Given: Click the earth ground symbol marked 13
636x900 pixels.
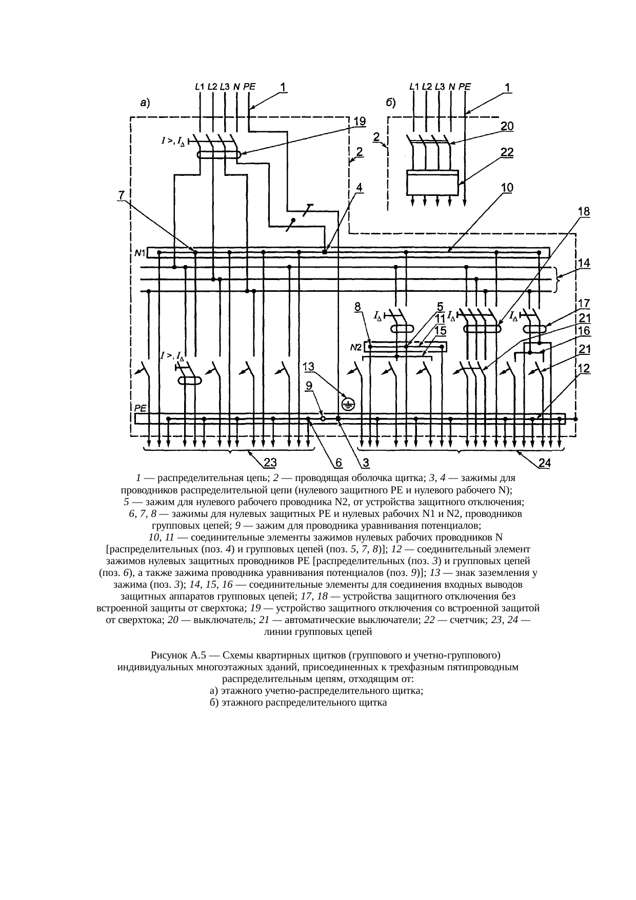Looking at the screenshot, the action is point(348,405).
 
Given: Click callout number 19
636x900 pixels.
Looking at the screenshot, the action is point(359,122).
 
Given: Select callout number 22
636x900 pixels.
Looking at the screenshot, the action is point(507,153).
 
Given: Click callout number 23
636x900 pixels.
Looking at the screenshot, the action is point(269,464).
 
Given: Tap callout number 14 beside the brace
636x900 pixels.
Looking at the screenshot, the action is point(584,264).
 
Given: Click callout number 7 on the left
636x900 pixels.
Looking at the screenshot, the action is point(121,195).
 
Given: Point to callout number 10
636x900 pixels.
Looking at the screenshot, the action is point(507,188).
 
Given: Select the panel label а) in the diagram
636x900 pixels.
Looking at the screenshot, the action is point(146,104).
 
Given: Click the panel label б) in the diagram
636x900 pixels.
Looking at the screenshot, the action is point(390,104).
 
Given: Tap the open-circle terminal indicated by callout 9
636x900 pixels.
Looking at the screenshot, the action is point(323,419).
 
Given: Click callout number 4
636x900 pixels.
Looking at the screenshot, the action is point(360,188).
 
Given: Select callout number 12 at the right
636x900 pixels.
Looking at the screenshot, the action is point(584,368).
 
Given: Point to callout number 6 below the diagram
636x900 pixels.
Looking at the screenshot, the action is point(339,464).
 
